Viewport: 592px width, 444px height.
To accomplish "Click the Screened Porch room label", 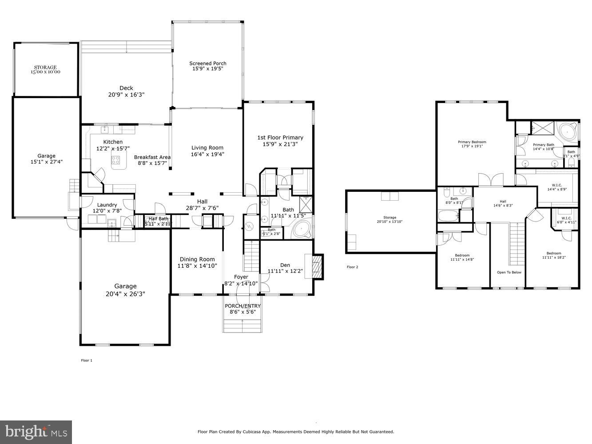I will (x=207, y=63).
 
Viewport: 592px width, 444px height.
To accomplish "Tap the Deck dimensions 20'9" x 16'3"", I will (x=126, y=95).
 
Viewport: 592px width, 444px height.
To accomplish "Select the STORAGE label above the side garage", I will (x=45, y=67).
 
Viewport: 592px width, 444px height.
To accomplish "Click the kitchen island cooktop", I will (x=115, y=159).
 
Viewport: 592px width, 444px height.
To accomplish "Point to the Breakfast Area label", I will (x=152, y=157).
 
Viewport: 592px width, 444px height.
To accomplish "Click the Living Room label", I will (x=207, y=148).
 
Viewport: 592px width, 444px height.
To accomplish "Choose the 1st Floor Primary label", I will (x=280, y=138).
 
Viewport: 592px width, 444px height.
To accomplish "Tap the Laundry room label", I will (x=107, y=205).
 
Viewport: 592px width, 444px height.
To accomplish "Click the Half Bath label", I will (x=159, y=218).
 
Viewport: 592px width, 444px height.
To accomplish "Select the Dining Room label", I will (x=197, y=259).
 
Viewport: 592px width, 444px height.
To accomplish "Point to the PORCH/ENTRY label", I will (x=242, y=306).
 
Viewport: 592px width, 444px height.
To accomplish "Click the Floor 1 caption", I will (x=86, y=360).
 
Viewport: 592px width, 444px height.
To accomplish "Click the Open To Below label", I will (x=509, y=272).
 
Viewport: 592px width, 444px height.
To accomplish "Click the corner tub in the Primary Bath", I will (x=567, y=131).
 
